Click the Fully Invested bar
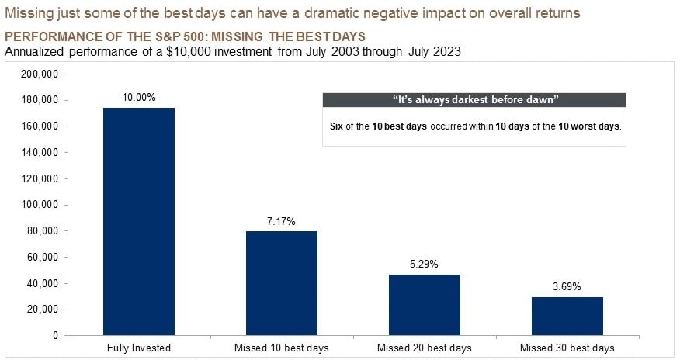[x=139, y=222]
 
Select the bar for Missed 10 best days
[x=282, y=283]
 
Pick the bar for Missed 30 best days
[x=567, y=316]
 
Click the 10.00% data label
[x=139, y=98]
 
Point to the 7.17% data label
[x=282, y=221]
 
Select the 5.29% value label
[x=424, y=265]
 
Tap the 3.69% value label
[x=567, y=286]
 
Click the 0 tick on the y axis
[x=54, y=336]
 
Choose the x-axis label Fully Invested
[x=139, y=348]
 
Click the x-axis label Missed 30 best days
[x=567, y=348]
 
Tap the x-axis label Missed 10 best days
[x=282, y=348]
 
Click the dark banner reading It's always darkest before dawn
[x=474, y=100]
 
